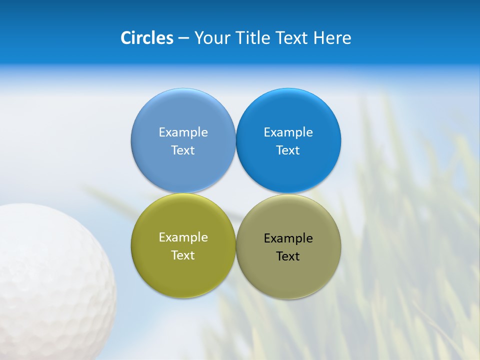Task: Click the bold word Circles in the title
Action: pyautogui.click(x=146, y=38)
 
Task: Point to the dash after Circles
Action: pyautogui.click(x=183, y=38)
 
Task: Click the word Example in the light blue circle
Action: pyautogui.click(x=183, y=132)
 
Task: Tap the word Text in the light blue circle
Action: pyautogui.click(x=183, y=150)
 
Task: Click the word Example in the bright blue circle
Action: pyautogui.click(x=288, y=132)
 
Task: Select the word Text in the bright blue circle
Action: pyautogui.click(x=288, y=150)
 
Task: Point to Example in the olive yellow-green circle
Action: pyautogui.click(x=183, y=237)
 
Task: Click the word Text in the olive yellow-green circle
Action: pyautogui.click(x=183, y=255)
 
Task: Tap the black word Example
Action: pyautogui.click(x=288, y=238)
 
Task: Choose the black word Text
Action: pyautogui.click(x=288, y=256)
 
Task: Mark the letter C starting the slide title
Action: pyautogui.click(x=126, y=38)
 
